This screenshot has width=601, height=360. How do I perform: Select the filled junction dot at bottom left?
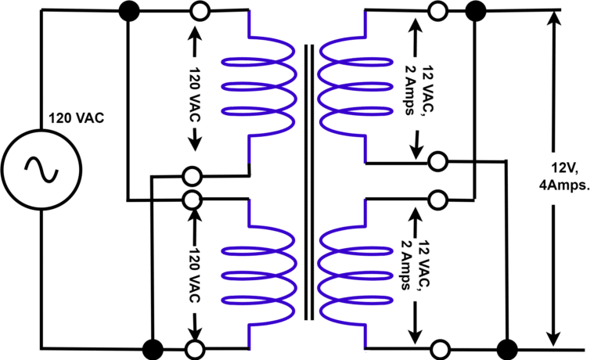click(x=152, y=347)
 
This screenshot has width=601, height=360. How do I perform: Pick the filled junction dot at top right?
click(x=474, y=11)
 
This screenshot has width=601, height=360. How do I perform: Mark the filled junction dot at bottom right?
click(x=507, y=347)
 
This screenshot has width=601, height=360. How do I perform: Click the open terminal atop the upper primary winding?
click(x=199, y=11)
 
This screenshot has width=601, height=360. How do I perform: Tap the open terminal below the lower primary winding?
click(x=194, y=347)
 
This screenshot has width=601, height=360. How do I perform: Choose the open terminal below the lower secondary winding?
click(x=440, y=347)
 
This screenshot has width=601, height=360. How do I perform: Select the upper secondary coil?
click(x=354, y=86)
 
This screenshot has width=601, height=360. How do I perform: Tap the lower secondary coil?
click(x=354, y=274)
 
